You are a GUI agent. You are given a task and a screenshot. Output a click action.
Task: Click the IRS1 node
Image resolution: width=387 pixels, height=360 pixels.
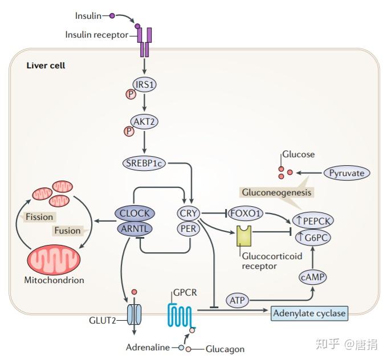pyautogui.click(x=144, y=85)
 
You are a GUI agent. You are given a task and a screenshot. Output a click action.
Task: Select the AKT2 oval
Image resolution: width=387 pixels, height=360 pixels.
pyautogui.click(x=144, y=122)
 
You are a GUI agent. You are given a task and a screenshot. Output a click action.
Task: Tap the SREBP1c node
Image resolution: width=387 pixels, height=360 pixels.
pyautogui.click(x=144, y=163)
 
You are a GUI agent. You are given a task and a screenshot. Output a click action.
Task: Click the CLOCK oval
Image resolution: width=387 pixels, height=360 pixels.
pyautogui.click(x=135, y=213)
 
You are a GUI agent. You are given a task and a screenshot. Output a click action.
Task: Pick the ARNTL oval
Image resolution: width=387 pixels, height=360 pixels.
pyautogui.click(x=135, y=229)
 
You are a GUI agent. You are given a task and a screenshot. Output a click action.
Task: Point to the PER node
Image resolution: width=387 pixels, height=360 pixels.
pyautogui.click(x=188, y=229)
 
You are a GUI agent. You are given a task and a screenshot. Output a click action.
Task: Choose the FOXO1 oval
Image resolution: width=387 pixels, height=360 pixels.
pyautogui.click(x=245, y=213)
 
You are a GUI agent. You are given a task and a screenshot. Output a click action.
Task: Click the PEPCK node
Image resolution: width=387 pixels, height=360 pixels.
pyautogui.click(x=313, y=220)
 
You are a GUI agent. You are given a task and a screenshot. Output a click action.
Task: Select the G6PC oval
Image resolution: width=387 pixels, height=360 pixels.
pyautogui.click(x=313, y=238)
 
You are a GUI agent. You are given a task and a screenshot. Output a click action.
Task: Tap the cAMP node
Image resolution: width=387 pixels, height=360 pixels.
pyautogui.click(x=313, y=277)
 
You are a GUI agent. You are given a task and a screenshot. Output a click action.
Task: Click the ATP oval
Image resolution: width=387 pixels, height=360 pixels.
pyautogui.click(x=237, y=300)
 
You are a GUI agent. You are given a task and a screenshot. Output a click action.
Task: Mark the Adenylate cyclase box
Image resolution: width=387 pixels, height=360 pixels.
pyautogui.click(x=309, y=313)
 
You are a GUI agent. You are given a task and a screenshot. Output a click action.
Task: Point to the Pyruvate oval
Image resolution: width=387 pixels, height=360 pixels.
pyautogui.click(x=347, y=173)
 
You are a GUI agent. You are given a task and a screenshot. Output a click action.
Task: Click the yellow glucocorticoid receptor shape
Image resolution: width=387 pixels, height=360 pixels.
pyautogui.click(x=244, y=236)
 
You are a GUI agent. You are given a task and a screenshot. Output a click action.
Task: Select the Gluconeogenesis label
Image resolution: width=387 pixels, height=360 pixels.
pyautogui.click(x=276, y=192)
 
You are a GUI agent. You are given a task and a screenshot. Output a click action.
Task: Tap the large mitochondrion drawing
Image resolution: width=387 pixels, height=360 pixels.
pyautogui.click(x=54, y=260)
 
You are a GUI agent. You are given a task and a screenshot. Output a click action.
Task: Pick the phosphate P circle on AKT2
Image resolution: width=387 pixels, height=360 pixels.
pyautogui.click(x=129, y=131)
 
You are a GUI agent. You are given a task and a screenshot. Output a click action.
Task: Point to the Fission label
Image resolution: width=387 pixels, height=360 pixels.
pyautogui.click(x=39, y=217)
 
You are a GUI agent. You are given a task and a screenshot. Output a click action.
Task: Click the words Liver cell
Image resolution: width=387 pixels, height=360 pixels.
pyautogui.click(x=46, y=66)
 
